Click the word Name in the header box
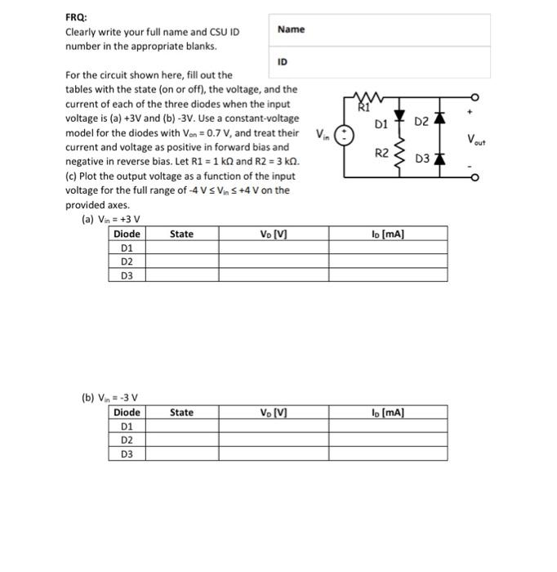point(291,29)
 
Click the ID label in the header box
point(283,61)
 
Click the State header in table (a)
point(181,235)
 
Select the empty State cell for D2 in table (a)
point(181,261)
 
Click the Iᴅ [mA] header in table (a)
point(387,235)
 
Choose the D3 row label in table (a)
point(127,275)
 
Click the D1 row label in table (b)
point(127,426)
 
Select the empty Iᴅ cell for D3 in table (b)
point(387,454)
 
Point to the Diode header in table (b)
point(127,413)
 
